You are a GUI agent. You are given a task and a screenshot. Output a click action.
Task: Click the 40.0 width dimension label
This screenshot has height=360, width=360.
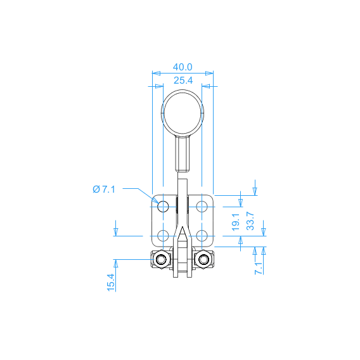coord(183,67)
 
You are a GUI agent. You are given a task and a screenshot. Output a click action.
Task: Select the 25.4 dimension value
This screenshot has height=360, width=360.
coord(183,80)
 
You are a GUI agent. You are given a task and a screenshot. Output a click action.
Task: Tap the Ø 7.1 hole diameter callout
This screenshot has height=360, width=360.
coord(104,190)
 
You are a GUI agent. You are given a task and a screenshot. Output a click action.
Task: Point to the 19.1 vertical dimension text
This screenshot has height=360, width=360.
coord(236,222)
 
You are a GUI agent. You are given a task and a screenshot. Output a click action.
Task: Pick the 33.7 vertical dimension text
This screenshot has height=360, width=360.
coord(250,221)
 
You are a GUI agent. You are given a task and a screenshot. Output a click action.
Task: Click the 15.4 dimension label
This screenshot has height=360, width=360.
coord(111,283)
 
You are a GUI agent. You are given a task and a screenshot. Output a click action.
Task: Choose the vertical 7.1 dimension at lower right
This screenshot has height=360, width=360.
coord(259,268)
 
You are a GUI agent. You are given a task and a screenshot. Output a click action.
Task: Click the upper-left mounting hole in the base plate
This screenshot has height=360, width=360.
coord(163,207)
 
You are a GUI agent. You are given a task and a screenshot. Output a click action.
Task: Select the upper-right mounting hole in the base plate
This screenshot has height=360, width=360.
coord(202,207)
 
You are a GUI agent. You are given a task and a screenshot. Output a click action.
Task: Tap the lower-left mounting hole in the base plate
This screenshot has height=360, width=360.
coord(163,236)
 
